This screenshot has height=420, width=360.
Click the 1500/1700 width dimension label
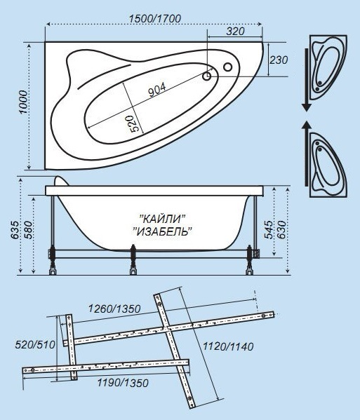[155, 18]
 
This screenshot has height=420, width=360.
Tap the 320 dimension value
[235, 32]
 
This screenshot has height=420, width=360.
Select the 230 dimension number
[279, 60]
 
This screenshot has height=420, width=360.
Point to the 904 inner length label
[157, 89]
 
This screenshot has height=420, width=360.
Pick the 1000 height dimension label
[23, 102]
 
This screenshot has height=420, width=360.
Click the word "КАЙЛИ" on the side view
[163, 219]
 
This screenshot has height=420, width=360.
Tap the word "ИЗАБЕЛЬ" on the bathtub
[163, 231]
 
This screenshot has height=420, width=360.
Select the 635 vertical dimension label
[15, 230]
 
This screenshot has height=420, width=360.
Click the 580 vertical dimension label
[28, 230]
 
